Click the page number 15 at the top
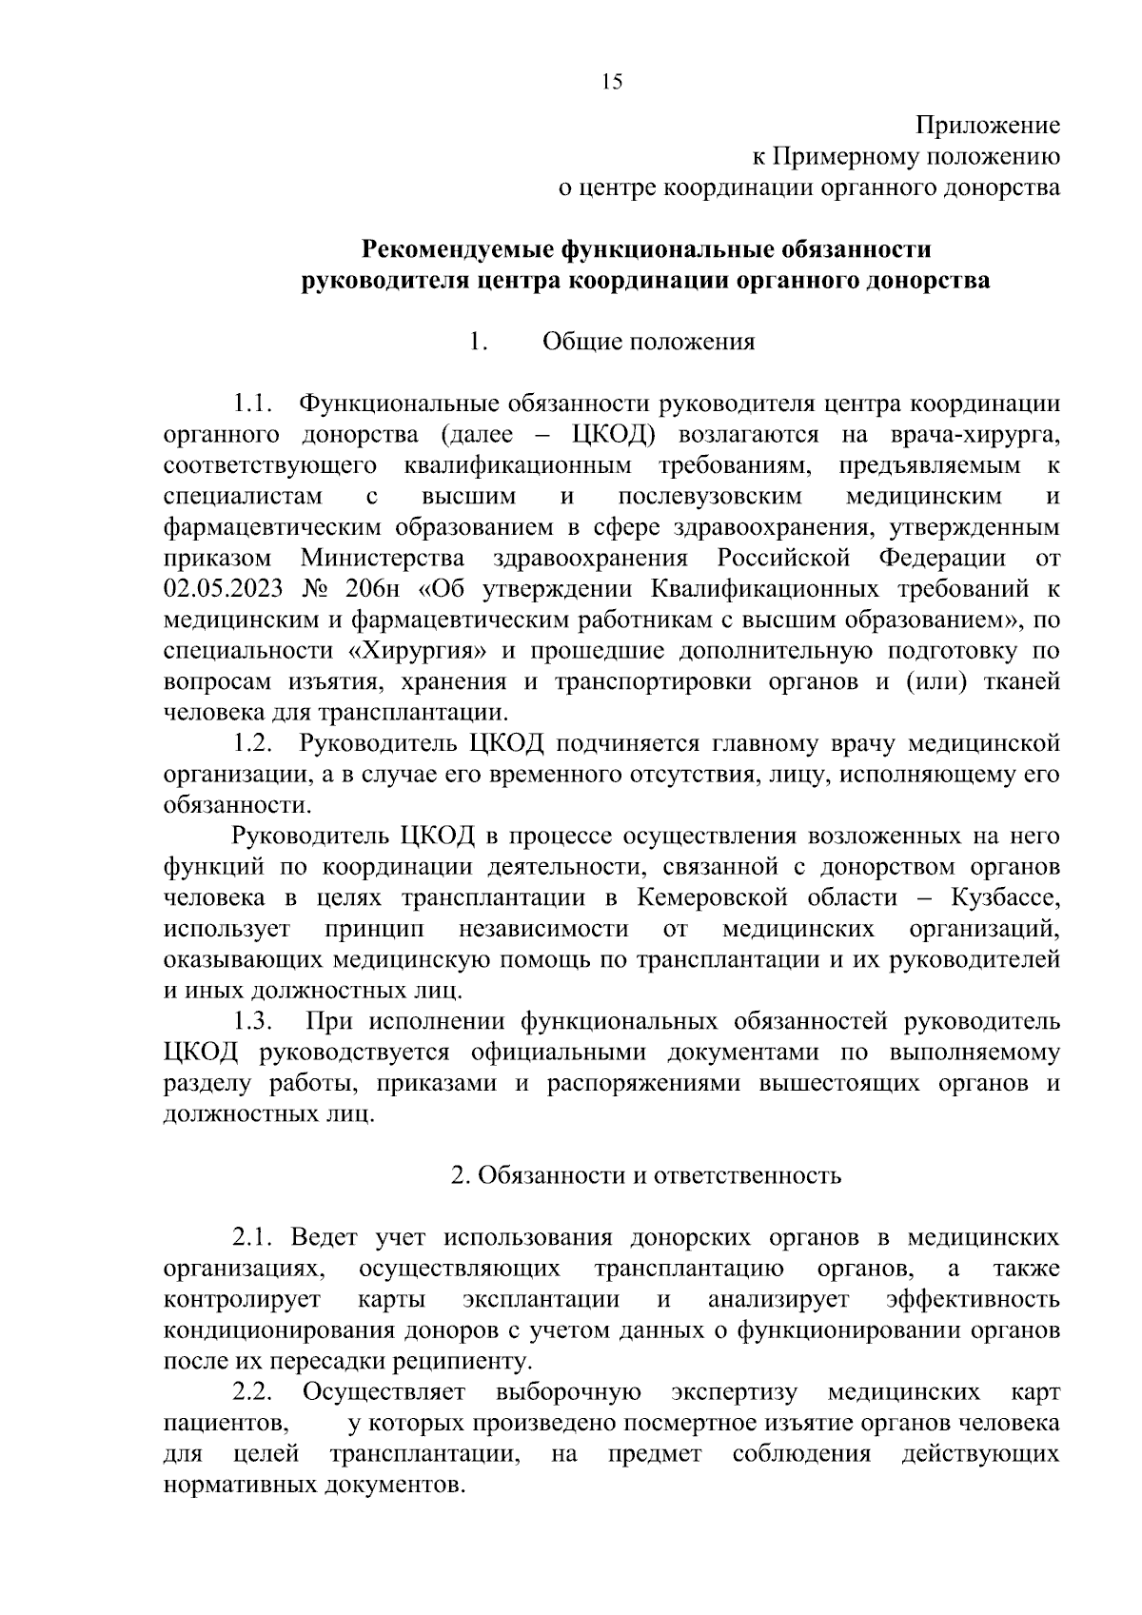(612, 82)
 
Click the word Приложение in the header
(988, 126)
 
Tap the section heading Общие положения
(648, 342)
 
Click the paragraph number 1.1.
(253, 404)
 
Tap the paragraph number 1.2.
(253, 743)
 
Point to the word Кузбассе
(1004, 897)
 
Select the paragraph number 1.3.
(253, 1021)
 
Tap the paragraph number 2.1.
(253, 1237)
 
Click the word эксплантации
(541, 1299)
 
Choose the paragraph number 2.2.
(253, 1392)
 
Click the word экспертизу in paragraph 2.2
(734, 1392)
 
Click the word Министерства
(383, 558)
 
